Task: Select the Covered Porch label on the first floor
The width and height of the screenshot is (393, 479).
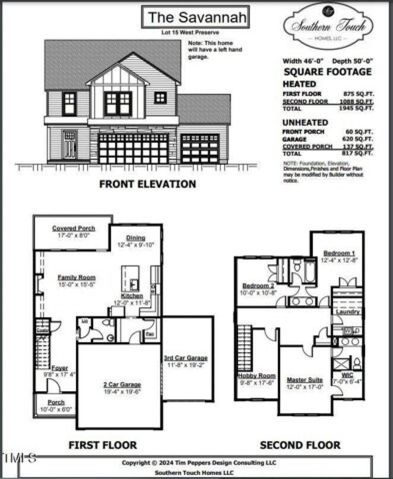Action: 73,229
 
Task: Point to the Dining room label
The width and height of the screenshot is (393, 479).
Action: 136,238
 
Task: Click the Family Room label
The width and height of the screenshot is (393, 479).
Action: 77,278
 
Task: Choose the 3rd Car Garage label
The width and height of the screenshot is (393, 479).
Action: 186,358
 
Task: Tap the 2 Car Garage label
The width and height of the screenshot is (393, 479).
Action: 122,385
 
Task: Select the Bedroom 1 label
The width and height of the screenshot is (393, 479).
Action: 339,253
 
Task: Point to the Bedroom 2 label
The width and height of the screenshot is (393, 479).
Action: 258,286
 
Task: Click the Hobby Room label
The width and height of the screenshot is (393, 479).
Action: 257,376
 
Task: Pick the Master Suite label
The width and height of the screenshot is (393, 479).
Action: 305,380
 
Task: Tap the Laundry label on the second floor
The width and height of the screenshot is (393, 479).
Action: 348,312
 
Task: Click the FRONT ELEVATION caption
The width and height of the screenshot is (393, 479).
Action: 147,184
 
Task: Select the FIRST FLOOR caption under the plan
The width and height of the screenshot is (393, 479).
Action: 103,445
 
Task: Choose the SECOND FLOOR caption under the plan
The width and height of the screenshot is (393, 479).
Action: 300,445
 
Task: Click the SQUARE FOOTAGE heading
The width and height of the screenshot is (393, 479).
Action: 327,72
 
